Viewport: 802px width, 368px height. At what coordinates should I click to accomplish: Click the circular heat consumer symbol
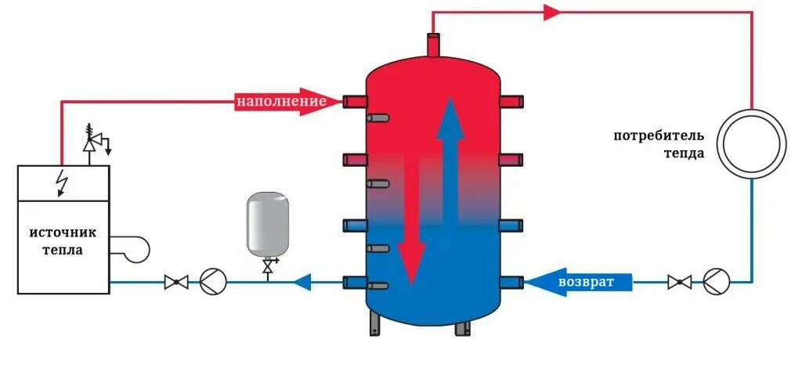coord(752,144)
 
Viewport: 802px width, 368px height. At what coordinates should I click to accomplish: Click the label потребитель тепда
coord(659,145)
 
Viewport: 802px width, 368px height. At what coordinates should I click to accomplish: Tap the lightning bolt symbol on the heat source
coord(62,183)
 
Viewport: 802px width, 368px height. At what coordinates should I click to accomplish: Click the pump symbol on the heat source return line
coord(211,281)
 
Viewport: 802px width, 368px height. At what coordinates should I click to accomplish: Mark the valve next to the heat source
coord(175,281)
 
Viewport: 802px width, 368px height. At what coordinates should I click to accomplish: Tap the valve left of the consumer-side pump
coord(678,280)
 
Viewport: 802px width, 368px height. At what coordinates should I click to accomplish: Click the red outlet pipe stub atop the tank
coord(433,45)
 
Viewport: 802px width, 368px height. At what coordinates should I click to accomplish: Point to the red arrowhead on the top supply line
coord(551,12)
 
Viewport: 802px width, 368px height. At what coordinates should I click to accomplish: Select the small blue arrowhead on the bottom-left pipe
coord(302,281)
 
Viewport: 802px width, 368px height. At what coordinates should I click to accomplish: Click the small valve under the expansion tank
coord(268,267)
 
